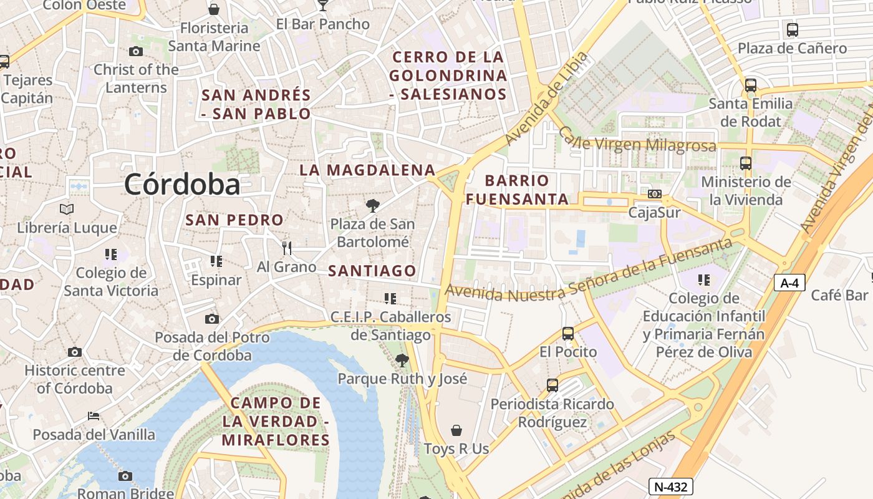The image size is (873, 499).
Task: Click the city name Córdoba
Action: pos(181,185)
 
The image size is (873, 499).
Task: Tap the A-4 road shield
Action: pos(789,283)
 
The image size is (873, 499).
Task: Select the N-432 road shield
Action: pos(670,487)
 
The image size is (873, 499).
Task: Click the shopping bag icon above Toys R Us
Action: pos(456,430)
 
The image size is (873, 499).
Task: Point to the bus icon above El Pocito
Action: pos(567,333)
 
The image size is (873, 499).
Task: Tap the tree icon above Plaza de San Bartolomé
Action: pos(372,205)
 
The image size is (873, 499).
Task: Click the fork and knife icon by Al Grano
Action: pos(287,248)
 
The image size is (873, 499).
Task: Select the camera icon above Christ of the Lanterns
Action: pos(135,51)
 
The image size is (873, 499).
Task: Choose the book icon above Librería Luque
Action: pos(67,209)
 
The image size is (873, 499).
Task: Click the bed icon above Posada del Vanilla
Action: pos(94,415)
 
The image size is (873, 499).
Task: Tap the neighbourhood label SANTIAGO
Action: pos(372,271)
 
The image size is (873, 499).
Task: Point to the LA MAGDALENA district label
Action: pos(367,170)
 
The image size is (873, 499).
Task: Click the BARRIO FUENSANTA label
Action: pos(517,190)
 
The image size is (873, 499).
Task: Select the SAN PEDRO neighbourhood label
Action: pos(234,220)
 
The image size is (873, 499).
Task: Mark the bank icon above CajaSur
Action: pos(654,194)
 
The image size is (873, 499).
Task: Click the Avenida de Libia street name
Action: pos(546,99)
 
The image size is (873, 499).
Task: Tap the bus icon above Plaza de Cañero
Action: pos(792,29)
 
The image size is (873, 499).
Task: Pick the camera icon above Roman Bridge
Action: pos(125,476)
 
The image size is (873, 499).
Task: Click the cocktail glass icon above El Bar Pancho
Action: pos(322,5)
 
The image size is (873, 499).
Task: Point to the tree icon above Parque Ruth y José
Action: pos(402,360)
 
